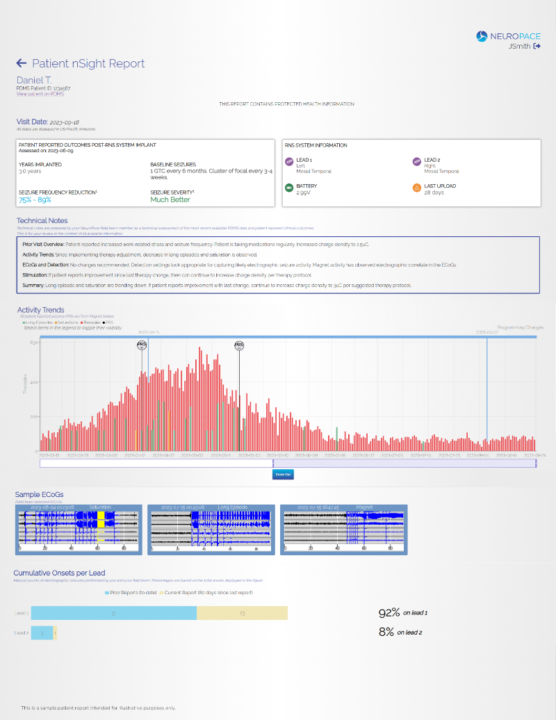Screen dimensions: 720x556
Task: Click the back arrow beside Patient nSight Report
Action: point(22,63)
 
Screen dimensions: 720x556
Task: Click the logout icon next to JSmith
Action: point(537,47)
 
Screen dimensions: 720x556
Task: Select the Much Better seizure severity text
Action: point(170,199)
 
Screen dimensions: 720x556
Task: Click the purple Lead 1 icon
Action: point(289,162)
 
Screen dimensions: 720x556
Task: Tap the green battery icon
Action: point(289,188)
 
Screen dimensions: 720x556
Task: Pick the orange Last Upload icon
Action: point(417,188)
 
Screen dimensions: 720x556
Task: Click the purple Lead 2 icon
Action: point(417,162)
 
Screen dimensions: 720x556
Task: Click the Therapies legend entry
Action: point(92,322)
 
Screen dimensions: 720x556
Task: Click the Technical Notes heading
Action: point(42,220)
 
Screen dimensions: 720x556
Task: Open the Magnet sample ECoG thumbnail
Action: point(343,530)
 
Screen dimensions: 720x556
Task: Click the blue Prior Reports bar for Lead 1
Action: point(114,613)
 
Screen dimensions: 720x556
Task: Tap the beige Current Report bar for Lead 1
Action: point(242,613)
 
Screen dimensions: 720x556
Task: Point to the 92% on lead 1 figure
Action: point(403,613)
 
